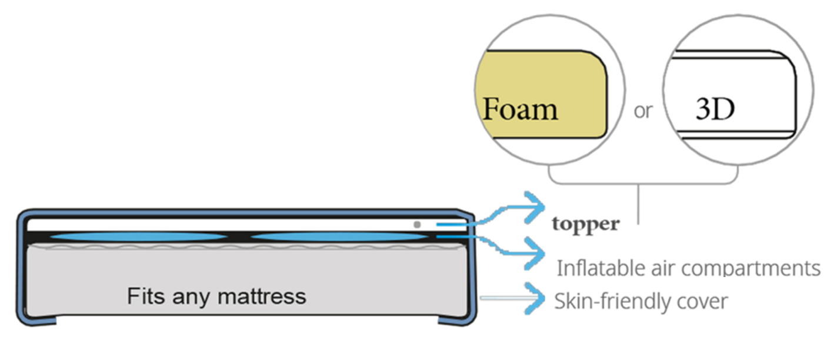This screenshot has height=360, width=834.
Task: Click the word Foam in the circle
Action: [520, 109]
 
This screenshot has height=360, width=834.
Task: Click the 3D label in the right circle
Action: [715, 110]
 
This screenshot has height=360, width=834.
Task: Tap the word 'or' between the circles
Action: [643, 111]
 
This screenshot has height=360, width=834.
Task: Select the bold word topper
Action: [586, 224]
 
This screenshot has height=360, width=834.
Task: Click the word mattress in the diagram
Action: [262, 296]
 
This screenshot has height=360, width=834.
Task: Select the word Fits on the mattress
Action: [146, 296]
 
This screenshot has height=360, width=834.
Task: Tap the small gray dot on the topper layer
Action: [417, 224]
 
